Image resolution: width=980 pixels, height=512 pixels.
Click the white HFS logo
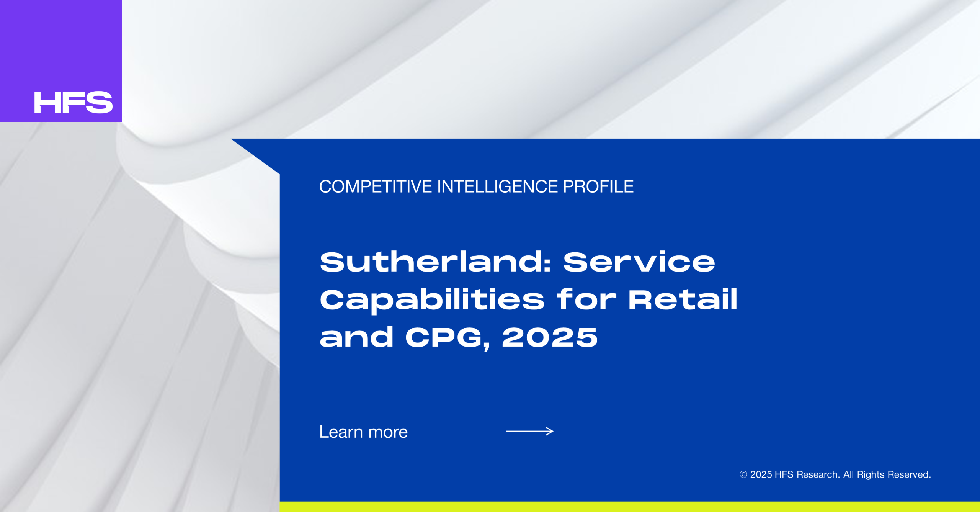click(73, 102)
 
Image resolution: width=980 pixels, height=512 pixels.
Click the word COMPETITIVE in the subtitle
click(376, 186)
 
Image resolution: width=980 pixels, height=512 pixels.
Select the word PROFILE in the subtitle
click(598, 186)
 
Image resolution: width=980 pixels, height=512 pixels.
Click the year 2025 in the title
click(550, 337)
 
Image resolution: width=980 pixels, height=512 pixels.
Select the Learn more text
click(364, 432)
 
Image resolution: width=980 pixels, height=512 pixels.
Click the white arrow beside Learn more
click(530, 431)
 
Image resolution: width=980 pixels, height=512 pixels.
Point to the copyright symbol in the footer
click(743, 474)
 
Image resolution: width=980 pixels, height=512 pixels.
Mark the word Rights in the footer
click(871, 475)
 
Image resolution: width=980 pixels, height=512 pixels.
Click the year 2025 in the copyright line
click(761, 474)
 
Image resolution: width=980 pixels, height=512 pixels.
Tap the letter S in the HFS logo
click(100, 102)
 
